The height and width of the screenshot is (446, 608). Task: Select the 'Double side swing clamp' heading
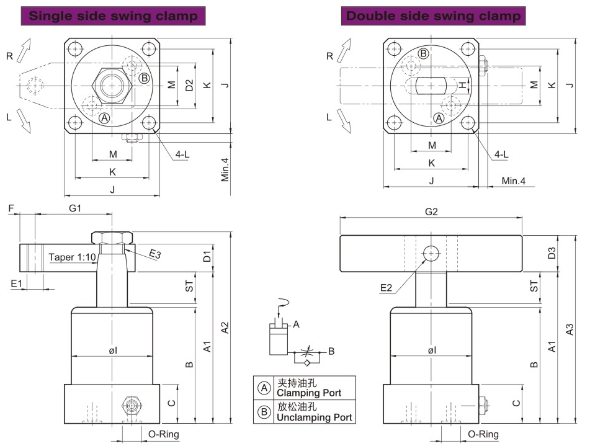click(x=433, y=16)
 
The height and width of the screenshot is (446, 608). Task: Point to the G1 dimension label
click(x=74, y=208)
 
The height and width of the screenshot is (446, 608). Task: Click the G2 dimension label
click(x=431, y=212)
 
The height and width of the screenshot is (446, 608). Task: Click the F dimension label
click(x=11, y=208)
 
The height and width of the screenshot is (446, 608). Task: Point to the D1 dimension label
click(x=208, y=256)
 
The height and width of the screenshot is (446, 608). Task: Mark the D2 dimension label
click(x=190, y=86)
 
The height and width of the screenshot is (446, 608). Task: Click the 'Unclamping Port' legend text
click(x=314, y=417)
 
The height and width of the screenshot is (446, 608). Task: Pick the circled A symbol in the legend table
click(x=264, y=388)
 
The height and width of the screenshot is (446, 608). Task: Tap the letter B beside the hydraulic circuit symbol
click(x=331, y=351)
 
